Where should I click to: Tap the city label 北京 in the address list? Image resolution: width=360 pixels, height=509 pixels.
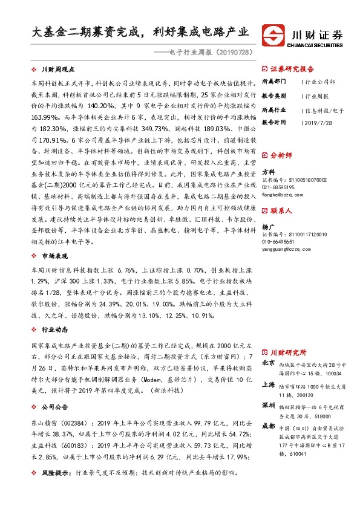tap(268, 363)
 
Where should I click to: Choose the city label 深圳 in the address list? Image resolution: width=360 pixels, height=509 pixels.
tap(268, 404)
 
